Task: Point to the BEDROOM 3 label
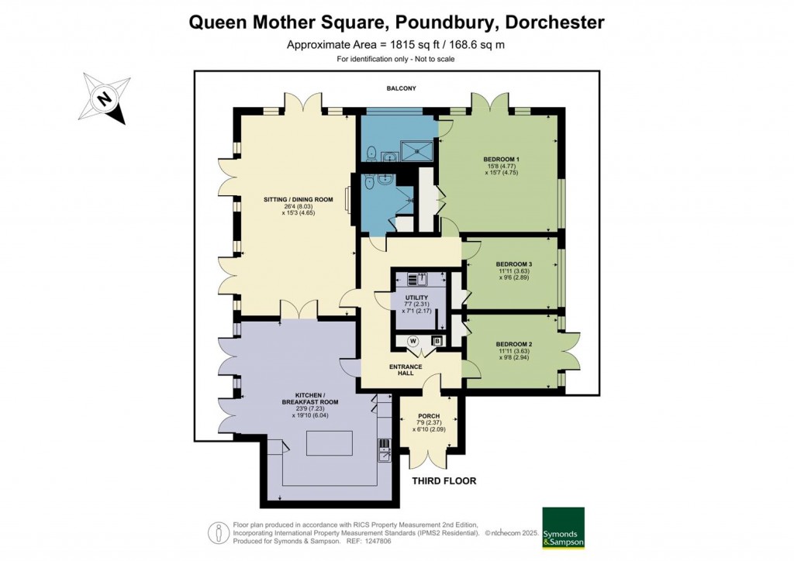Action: click(513, 264)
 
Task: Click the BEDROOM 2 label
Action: click(513, 344)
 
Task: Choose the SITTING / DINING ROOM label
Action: click(298, 200)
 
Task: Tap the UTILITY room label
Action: click(416, 297)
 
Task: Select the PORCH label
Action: click(429, 416)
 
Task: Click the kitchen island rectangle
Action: click(329, 443)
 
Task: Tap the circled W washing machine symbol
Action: click(413, 340)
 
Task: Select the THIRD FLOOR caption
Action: click(443, 481)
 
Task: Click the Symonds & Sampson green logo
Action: click(562, 528)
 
